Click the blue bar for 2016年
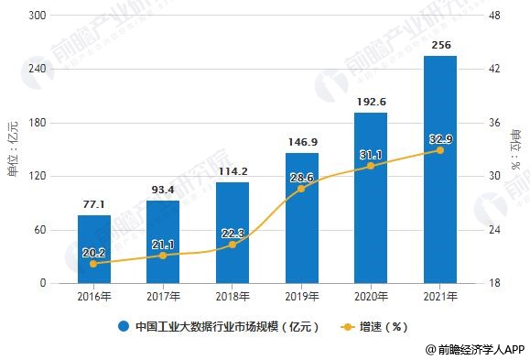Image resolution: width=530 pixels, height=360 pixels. coord(94,249)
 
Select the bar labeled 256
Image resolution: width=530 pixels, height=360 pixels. coord(440,169)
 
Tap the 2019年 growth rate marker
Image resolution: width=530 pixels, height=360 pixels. coord(301,189)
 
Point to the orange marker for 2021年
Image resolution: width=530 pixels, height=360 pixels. coord(440,150)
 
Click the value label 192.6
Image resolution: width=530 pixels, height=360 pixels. coord(371,102)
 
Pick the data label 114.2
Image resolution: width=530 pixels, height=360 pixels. coord(233,171)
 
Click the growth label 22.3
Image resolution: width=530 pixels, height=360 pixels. coord(233,234)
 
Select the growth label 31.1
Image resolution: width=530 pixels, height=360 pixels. coord(371,155)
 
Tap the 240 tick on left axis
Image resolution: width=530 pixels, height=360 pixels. coord(38,69)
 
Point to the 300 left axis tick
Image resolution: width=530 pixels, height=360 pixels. coord(38,16)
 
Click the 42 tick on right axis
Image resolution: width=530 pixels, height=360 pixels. coord(494,69)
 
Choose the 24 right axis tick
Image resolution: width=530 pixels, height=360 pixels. coord(494,230)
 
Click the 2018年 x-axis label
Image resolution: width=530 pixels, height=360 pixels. coord(233,297)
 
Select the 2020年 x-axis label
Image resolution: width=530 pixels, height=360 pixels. coord(371,297)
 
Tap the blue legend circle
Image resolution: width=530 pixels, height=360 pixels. coord(124,326)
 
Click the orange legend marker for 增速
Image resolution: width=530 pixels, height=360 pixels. coord(347,327)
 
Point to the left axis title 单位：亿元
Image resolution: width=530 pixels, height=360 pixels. coord(13,149)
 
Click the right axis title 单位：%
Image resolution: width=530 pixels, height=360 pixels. coord(516,149)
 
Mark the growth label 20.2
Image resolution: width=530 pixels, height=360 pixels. coord(94,253)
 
